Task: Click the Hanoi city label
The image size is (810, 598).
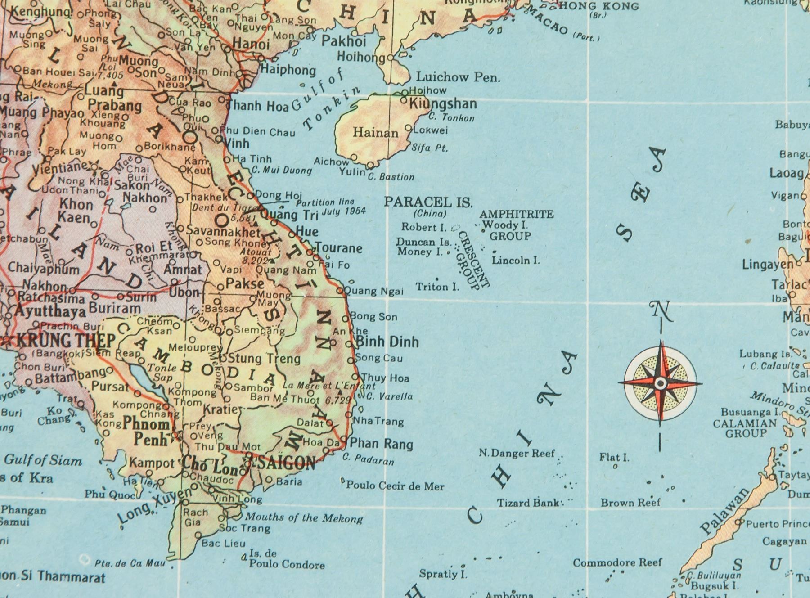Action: point(251,45)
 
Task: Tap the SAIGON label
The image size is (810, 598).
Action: point(286,463)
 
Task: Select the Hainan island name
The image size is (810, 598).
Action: point(375,133)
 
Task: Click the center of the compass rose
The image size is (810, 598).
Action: point(660,383)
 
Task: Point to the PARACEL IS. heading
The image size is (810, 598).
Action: point(428,202)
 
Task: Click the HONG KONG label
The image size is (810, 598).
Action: point(598,6)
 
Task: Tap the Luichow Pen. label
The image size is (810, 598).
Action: point(458,77)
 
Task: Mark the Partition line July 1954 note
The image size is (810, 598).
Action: point(330,207)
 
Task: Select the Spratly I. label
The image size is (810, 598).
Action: point(443,574)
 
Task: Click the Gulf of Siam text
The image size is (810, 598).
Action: point(43,460)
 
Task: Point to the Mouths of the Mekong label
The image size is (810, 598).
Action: point(304,518)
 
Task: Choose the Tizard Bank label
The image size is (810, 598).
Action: point(528,503)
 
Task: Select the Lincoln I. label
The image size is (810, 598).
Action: point(516,260)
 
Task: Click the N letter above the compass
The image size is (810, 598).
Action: point(661,311)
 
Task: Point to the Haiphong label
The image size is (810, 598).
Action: point(288,70)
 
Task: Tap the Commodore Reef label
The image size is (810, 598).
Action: point(617,562)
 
